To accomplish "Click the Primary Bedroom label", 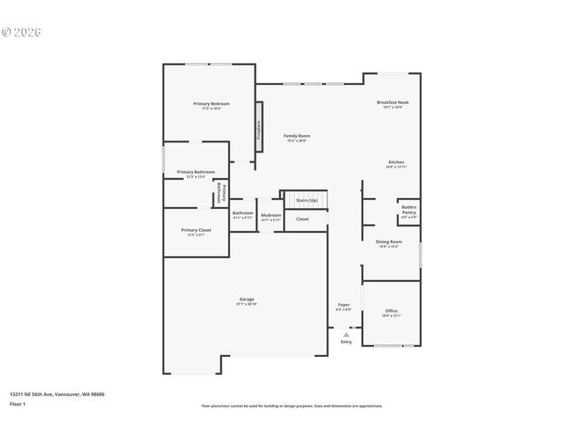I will pyautogui.click(x=211, y=104).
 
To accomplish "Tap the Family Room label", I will pyautogui.click(x=297, y=136).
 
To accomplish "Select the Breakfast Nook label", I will pyautogui.click(x=392, y=103).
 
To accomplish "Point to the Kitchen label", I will pyautogui.click(x=395, y=162).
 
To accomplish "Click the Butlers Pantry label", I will pyautogui.click(x=410, y=211).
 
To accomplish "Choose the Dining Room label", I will pyautogui.click(x=389, y=242).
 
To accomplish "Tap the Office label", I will pyautogui.click(x=391, y=311).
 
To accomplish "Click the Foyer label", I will pyautogui.click(x=343, y=305).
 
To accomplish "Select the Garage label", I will pyautogui.click(x=246, y=299).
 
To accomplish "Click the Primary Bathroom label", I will pyautogui.click(x=196, y=172).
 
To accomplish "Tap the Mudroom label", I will pyautogui.click(x=271, y=214).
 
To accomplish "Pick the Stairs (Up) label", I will pyautogui.click(x=306, y=200).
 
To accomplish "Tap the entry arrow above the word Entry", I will pyautogui.click(x=346, y=334).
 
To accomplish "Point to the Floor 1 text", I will pyautogui.click(x=18, y=402).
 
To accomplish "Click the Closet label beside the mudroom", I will pyautogui.click(x=302, y=219).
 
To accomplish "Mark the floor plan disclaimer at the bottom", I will pyautogui.click(x=292, y=406).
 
